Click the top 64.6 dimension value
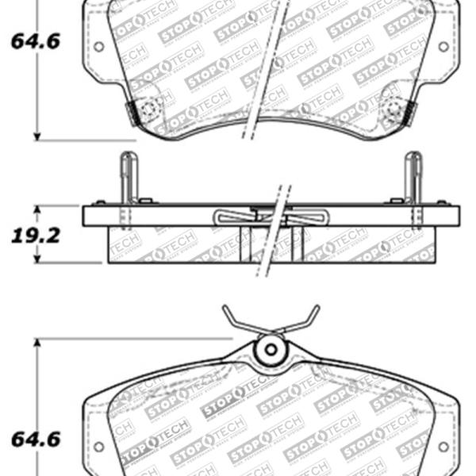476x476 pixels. [35, 42]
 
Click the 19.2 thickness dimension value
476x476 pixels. [35, 236]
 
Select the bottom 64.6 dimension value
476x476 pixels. [35, 438]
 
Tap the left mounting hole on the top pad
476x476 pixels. [98, 47]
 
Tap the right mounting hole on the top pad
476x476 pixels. [445, 47]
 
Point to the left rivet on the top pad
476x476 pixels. [146, 112]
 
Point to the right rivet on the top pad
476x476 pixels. [394, 112]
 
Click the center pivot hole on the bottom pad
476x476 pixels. [271, 348]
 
